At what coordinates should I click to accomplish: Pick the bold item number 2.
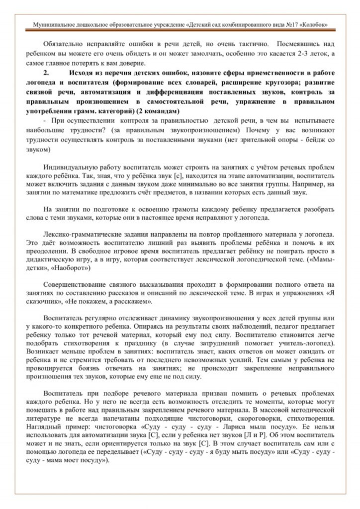[x=46, y=72]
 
